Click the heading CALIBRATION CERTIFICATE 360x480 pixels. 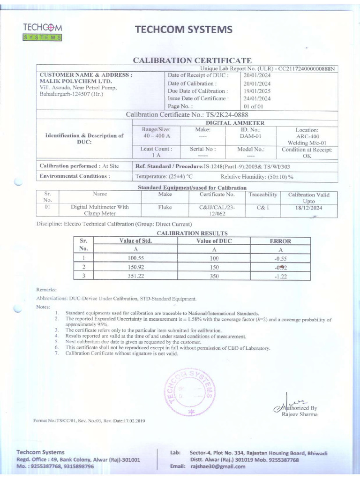tap(193, 60)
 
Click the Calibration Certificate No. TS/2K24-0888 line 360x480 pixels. tap(187, 115)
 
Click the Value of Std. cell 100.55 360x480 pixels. tap(135, 258)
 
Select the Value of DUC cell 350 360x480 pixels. tap(214, 276)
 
